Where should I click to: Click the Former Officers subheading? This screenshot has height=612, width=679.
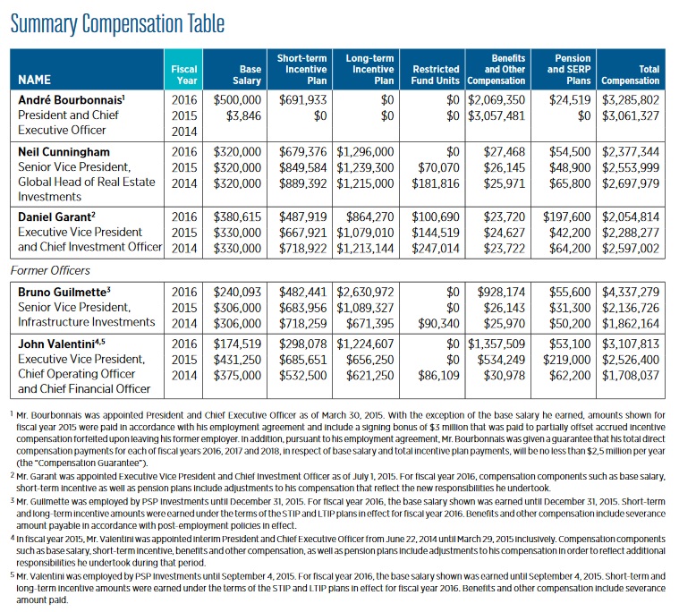(x=50, y=268)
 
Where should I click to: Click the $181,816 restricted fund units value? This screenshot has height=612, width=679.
(x=436, y=183)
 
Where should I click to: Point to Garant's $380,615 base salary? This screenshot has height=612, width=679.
(x=238, y=217)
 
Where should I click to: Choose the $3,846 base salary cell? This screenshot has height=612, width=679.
(x=243, y=115)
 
